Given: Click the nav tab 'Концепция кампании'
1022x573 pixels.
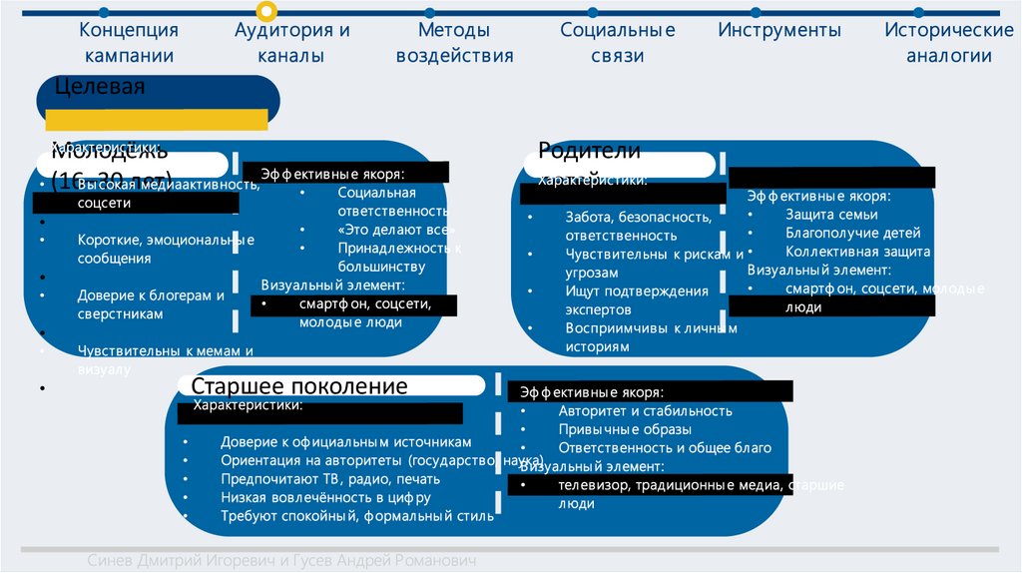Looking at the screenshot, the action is coord(129,43).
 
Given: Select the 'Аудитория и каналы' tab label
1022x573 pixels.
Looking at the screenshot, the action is coord(291,43).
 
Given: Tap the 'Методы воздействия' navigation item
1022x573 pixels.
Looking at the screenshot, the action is coord(454,43).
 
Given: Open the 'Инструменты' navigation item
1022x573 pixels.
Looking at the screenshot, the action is coord(779,30).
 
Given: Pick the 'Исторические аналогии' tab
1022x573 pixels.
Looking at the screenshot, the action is coord(948,43).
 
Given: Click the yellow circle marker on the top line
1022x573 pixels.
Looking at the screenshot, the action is coord(266,12).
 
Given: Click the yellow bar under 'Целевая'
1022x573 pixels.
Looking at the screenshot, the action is coord(155,119).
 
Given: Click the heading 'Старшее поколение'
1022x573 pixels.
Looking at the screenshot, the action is coord(299,386).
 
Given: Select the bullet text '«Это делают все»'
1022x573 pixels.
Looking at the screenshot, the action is coord(378,230).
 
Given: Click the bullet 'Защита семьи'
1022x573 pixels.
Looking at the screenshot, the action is coord(831,215).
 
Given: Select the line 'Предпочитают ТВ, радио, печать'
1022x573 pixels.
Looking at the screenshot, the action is coord(330,479).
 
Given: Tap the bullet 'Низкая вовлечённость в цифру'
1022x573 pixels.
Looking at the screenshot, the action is coord(325,497).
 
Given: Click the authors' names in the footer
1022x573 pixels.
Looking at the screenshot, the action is coord(281,561).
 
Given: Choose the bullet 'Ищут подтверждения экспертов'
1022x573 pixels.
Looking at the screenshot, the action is coord(637,300).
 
